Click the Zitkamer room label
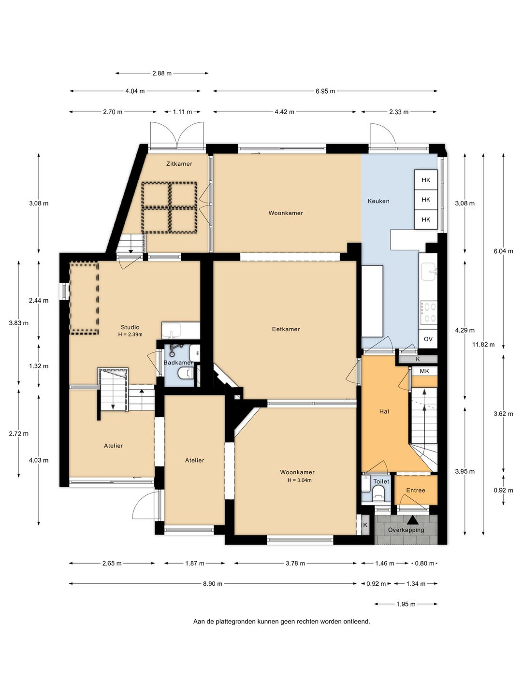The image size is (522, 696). tap(179, 164)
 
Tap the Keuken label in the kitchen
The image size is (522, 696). tap(378, 201)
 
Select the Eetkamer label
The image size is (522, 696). tap(286, 329)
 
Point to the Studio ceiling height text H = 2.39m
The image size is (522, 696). tap(130, 334)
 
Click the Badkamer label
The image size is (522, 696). tap(178, 362)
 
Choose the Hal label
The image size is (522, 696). tap(384, 412)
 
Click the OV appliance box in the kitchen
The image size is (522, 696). tap(428, 339)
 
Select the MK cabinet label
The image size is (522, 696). tap(424, 371)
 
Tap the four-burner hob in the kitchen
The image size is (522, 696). tap(429, 312)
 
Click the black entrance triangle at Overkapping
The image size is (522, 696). tap(412, 520)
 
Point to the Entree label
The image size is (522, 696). tap(416, 490)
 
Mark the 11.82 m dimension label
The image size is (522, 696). tap(483, 344)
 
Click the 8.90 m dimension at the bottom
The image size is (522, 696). tap(213, 583)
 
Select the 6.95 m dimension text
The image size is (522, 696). tap(325, 91)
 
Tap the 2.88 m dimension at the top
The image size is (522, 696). tap(161, 73)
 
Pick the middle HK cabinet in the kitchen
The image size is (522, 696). tap(426, 200)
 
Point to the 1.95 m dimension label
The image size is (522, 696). tap(406, 604)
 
